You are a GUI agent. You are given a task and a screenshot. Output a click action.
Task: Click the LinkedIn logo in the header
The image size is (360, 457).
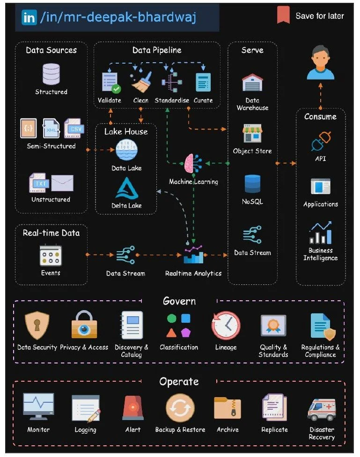29,18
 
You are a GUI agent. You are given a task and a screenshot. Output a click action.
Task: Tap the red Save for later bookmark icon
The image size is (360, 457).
283,15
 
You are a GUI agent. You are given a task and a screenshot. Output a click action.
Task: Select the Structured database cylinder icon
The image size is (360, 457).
51,74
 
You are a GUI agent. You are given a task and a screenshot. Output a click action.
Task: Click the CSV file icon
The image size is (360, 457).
74,128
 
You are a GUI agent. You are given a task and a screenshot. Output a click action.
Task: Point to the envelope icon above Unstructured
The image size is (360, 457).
62,183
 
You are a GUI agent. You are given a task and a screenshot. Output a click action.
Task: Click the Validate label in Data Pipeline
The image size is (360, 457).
110,100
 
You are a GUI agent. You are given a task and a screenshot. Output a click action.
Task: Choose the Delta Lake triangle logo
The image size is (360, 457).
126,189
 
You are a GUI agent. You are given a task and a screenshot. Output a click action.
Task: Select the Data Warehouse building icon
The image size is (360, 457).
252,83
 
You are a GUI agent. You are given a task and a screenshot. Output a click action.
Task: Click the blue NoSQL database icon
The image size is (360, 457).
252,184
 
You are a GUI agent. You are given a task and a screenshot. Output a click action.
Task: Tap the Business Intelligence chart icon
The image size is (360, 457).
321,233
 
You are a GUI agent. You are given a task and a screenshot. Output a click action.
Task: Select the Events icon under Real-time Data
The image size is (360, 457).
51,256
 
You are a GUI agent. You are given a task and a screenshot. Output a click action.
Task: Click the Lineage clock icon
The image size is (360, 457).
226,325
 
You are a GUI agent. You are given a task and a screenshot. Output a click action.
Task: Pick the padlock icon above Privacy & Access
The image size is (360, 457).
84,324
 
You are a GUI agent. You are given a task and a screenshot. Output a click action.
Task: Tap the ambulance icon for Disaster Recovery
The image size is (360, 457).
322,408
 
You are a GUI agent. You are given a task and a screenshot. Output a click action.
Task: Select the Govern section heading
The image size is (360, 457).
179,301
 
